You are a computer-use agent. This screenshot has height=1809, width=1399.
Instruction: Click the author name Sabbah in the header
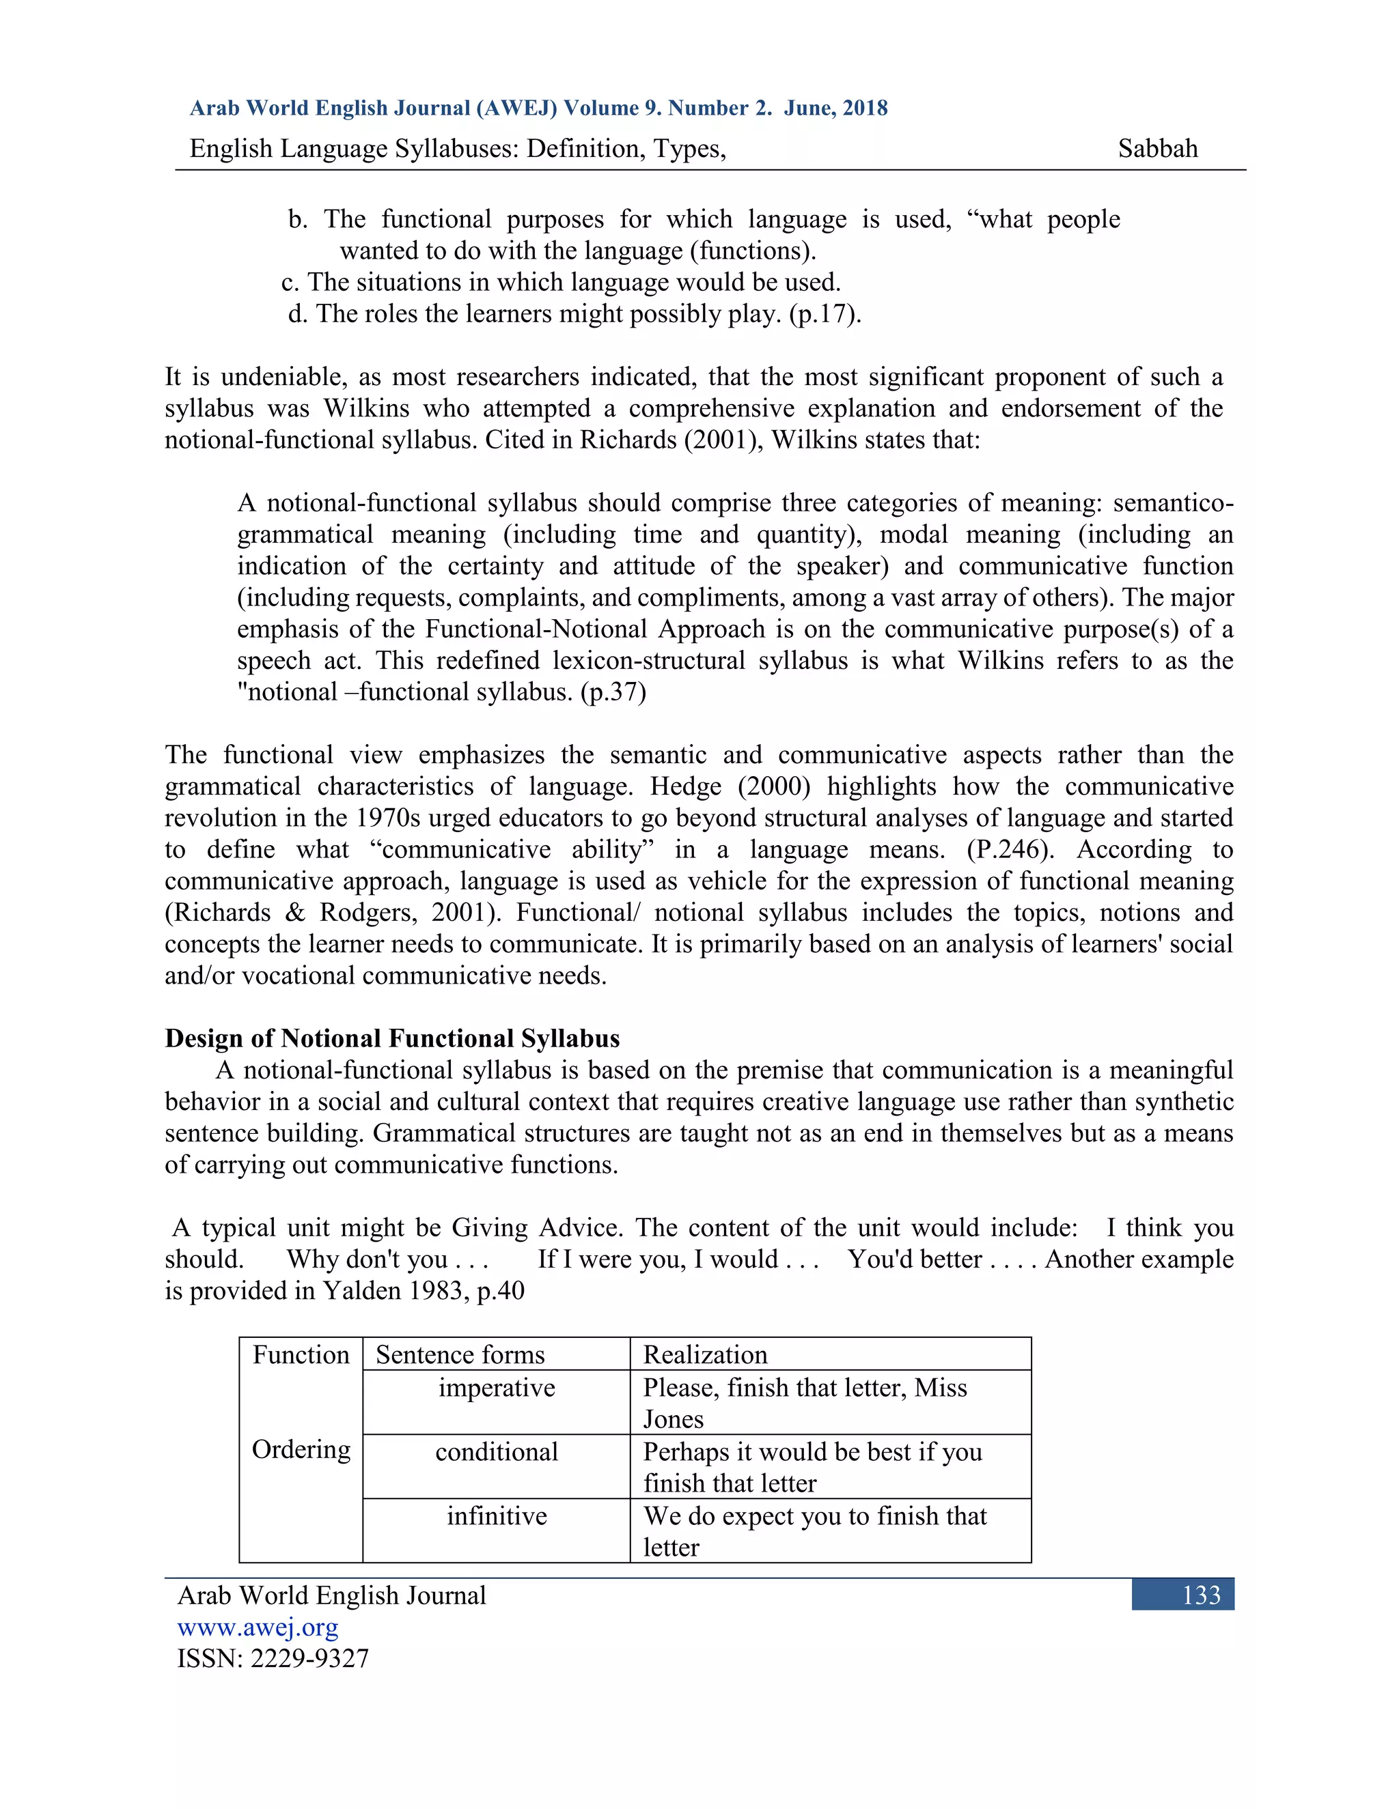coord(1157,149)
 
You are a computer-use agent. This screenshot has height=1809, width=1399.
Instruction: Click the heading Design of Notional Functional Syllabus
coord(392,1039)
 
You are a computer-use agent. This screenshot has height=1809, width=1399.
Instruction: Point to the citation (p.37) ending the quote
coord(613,692)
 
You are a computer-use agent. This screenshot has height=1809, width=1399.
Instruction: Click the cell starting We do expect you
coord(815,1533)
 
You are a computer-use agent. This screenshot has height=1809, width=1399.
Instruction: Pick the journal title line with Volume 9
coord(539,109)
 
